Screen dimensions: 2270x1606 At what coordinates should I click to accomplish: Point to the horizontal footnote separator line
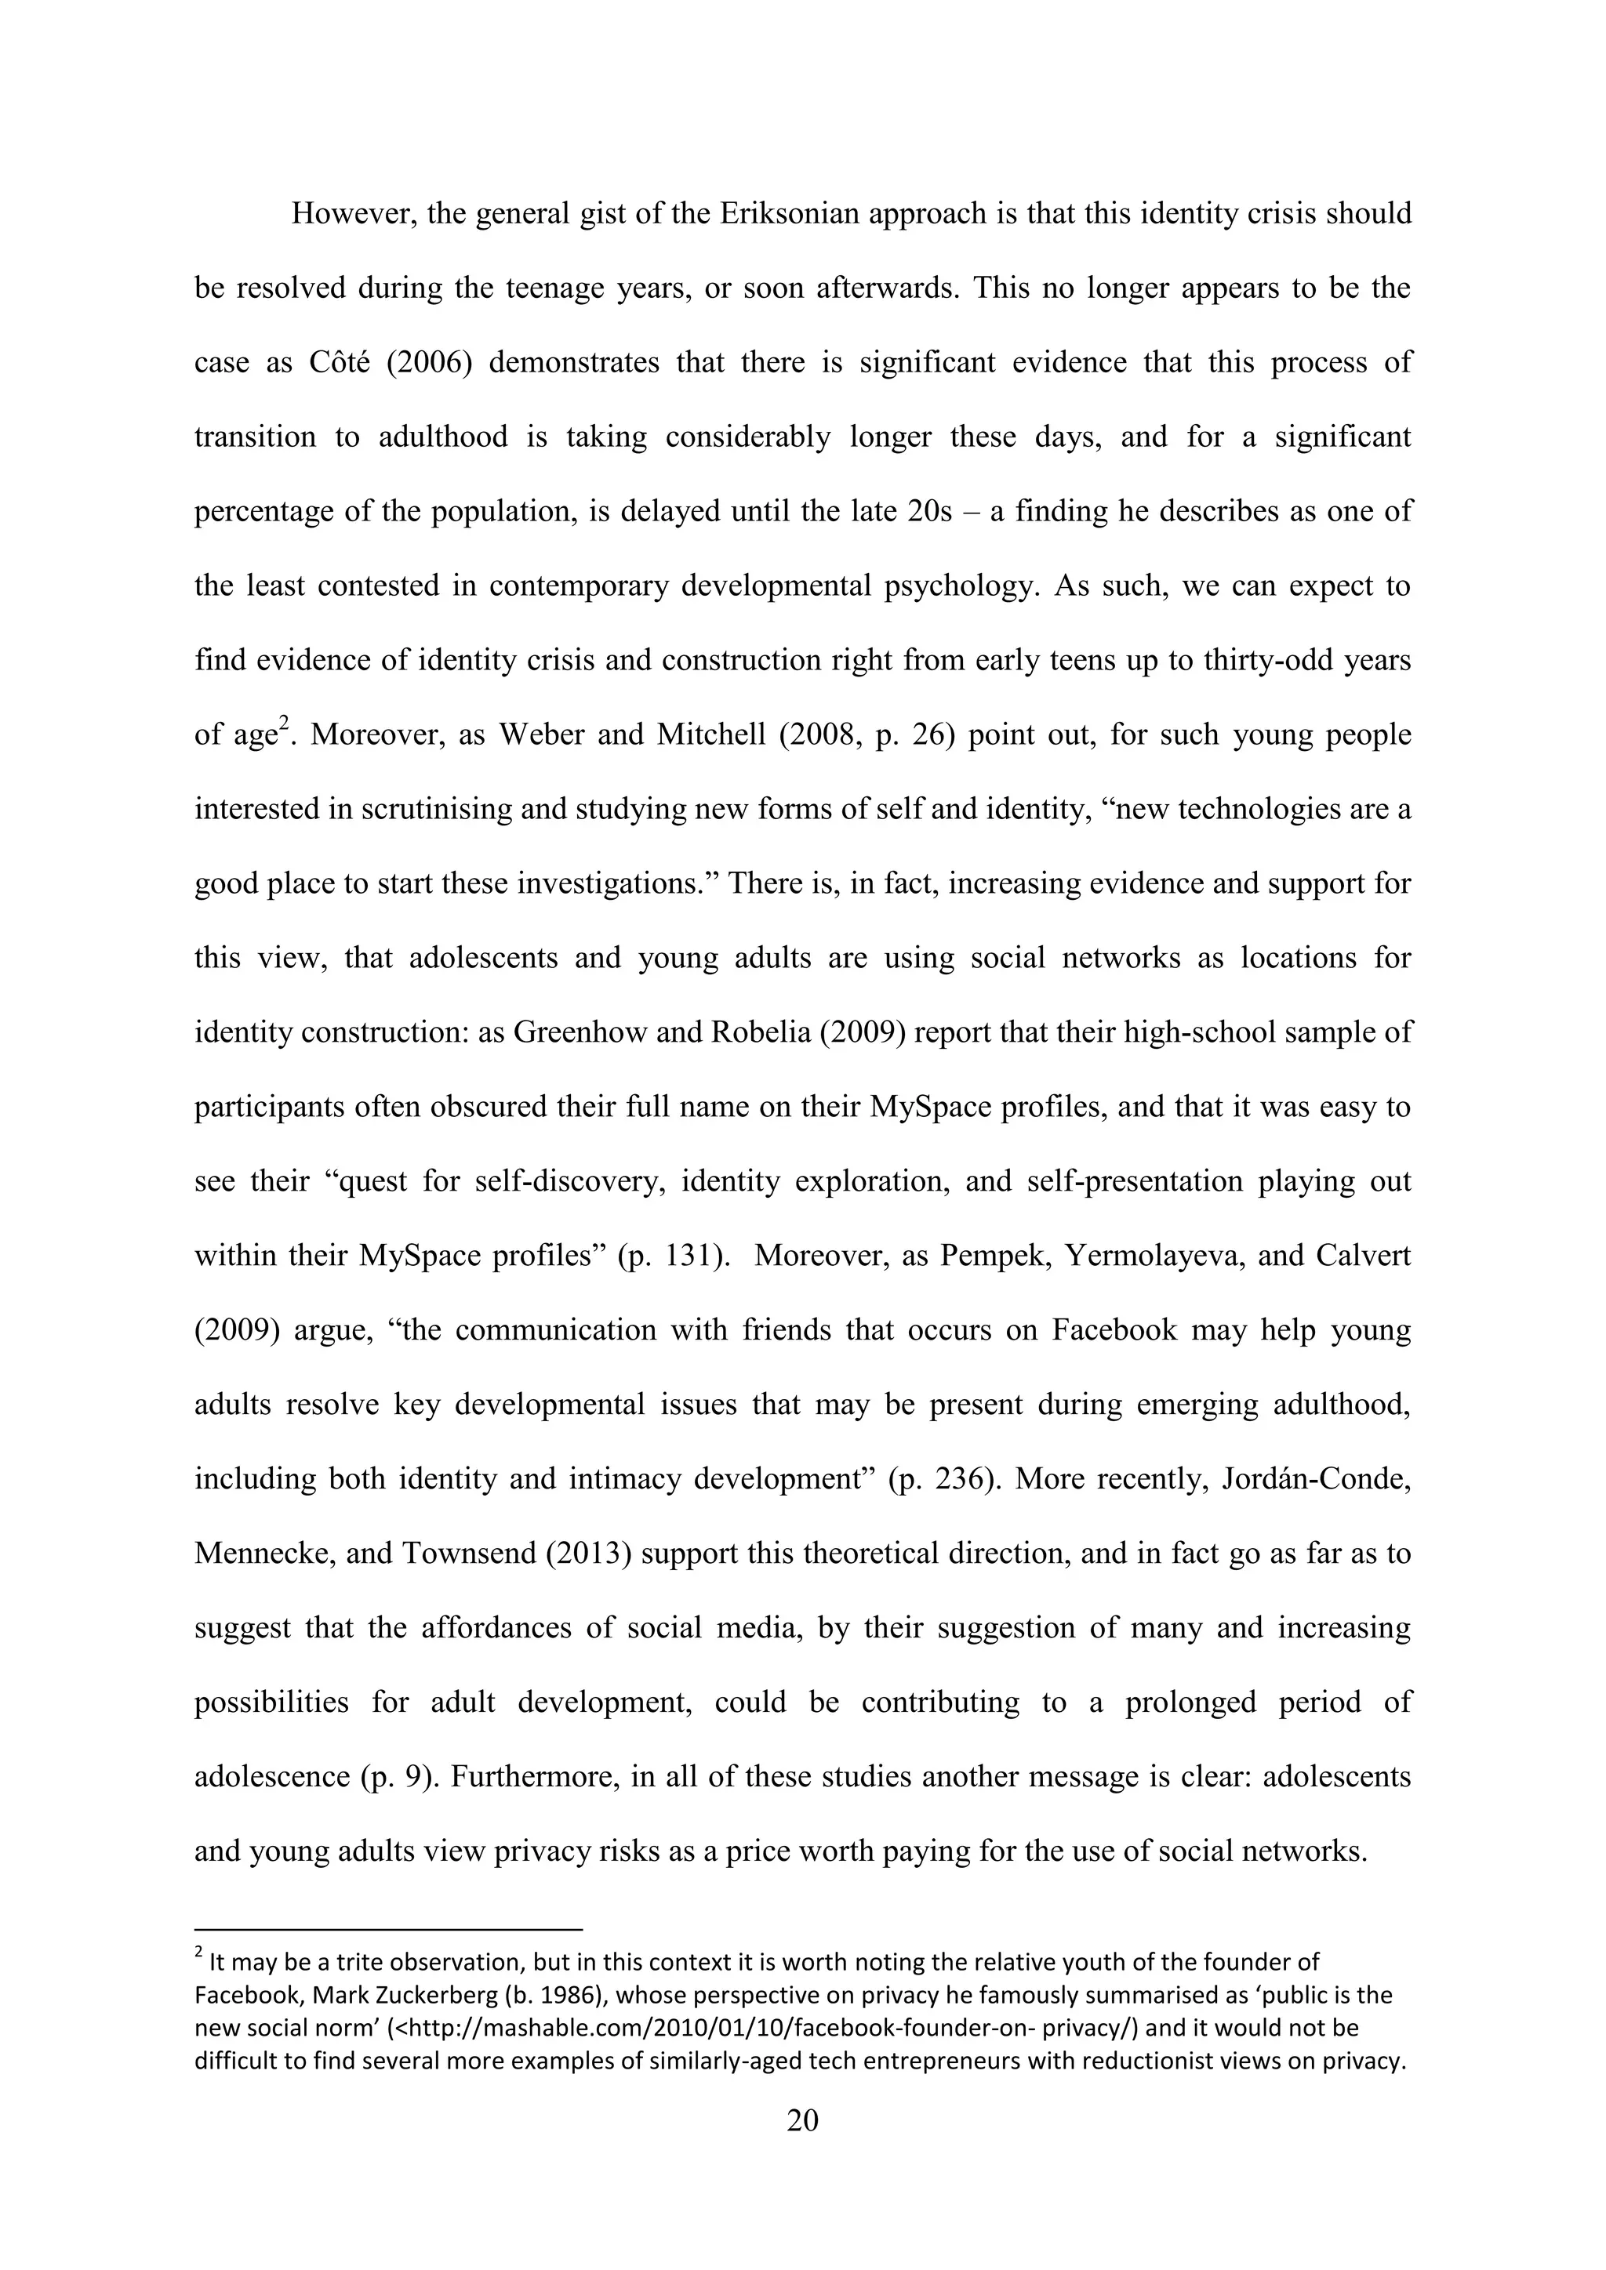pyautogui.click(x=389, y=1929)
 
